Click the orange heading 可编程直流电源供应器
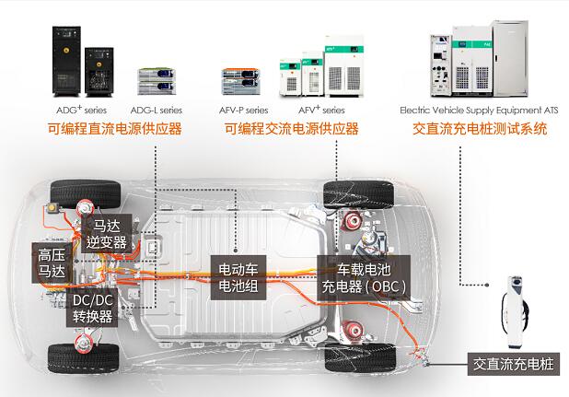[x=115, y=129]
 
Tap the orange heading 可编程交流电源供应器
[x=292, y=129]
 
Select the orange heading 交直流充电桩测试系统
[x=480, y=129]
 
